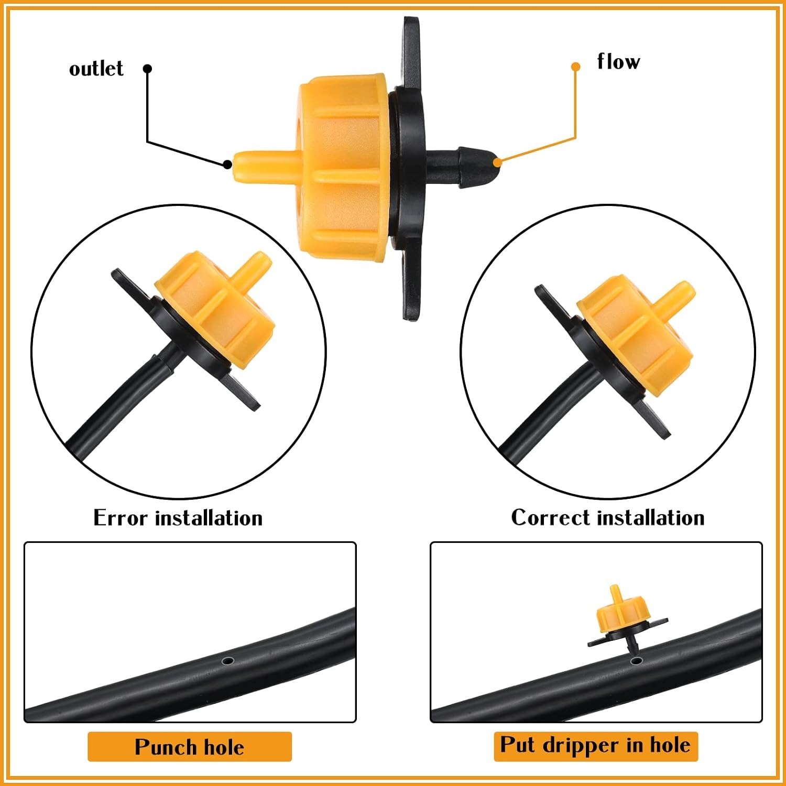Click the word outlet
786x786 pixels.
click(96, 69)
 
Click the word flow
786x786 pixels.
click(618, 61)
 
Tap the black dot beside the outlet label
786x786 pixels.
click(148, 69)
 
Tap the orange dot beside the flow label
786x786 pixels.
click(575, 67)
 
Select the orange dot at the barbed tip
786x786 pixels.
click(497, 162)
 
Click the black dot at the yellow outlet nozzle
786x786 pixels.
click(227, 164)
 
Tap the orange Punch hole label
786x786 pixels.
click(189, 747)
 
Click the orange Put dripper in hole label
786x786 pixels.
click(596, 746)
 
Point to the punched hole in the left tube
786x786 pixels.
click(227, 661)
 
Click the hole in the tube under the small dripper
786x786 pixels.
click(636, 660)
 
